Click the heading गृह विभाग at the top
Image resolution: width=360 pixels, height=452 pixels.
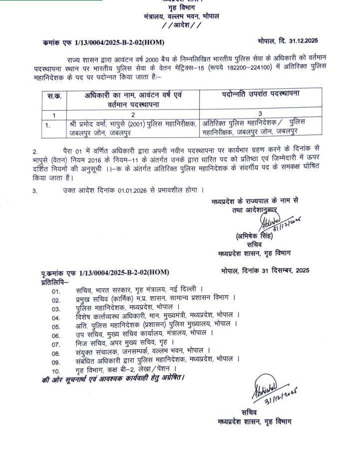point(181,8)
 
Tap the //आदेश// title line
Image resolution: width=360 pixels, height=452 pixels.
point(181,25)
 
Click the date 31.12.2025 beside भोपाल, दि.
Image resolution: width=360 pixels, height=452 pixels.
point(303,41)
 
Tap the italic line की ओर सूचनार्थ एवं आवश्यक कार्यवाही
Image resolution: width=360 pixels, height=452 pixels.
point(113,379)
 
